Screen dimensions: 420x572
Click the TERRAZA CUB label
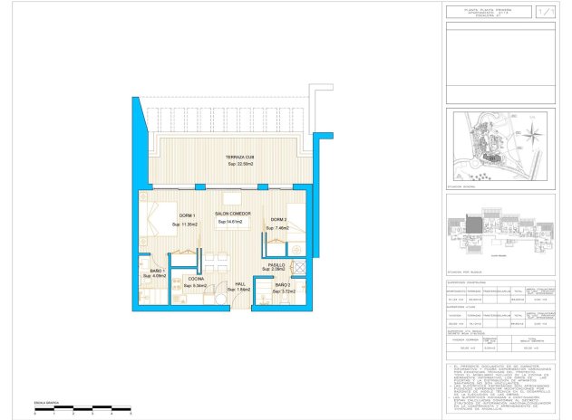pos(240,157)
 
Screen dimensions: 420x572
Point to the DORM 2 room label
pos(277,220)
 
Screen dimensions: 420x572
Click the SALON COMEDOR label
pos(233,215)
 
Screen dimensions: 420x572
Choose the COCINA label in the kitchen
pos(196,279)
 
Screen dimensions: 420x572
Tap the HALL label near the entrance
pos(240,283)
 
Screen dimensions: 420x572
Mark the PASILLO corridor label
pos(276,263)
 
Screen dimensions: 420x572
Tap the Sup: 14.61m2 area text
pos(233,222)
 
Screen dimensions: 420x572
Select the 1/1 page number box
pos(544,13)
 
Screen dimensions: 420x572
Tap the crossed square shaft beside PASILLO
pos(299,266)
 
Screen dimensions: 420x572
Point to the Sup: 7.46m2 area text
pos(277,228)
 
